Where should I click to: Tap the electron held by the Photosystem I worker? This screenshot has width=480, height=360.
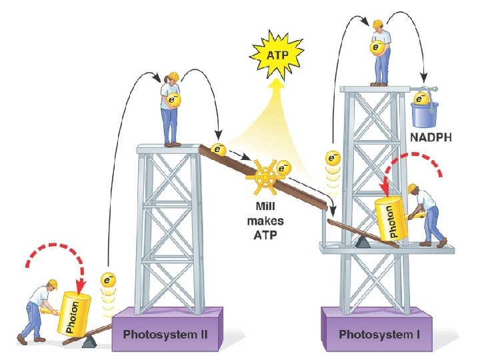tap(378, 48)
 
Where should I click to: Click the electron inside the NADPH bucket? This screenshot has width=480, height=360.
tap(421, 99)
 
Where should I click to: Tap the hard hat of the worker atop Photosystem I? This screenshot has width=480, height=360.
tap(377, 24)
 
